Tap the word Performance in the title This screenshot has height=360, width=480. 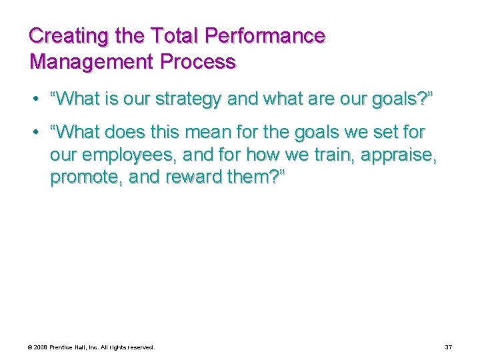click(261, 36)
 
